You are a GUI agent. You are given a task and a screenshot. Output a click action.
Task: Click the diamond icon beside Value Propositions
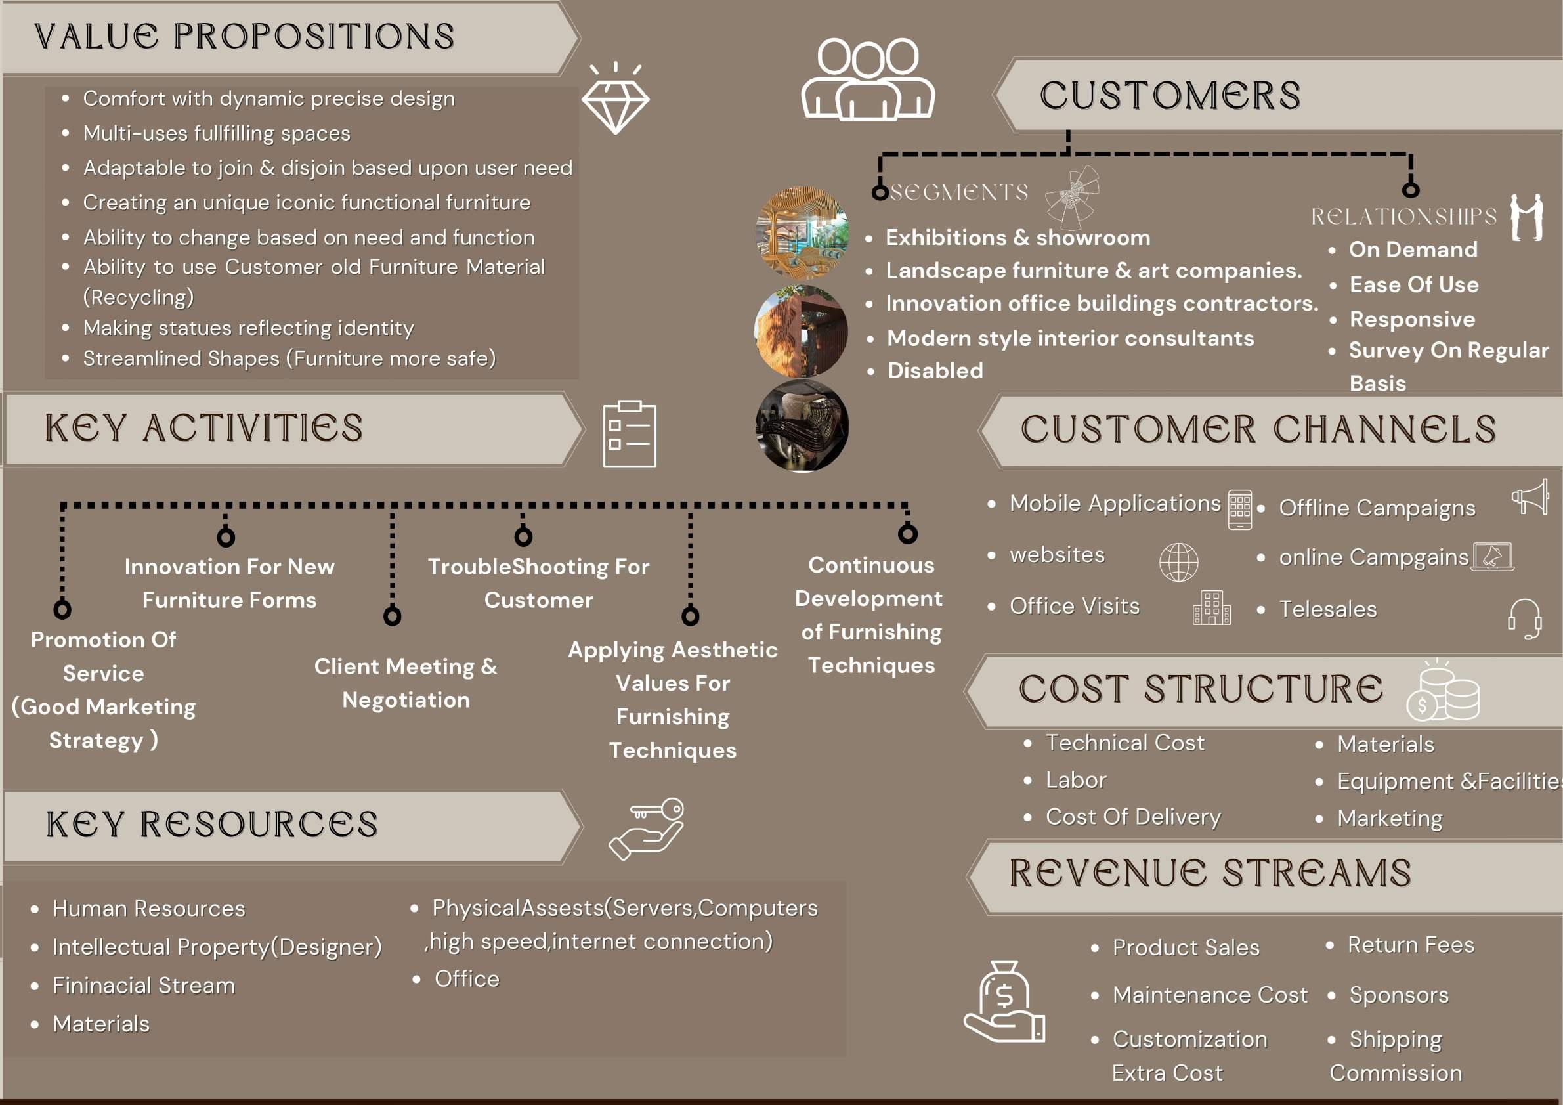[615, 103]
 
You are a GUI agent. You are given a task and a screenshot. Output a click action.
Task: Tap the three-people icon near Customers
[868, 80]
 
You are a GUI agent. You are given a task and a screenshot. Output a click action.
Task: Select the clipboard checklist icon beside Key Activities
[630, 435]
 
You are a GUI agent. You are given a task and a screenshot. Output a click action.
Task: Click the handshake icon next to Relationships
[1526, 218]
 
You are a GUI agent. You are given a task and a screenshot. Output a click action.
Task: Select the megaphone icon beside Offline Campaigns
[1530, 497]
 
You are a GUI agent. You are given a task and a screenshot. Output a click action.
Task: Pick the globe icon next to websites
[1178, 563]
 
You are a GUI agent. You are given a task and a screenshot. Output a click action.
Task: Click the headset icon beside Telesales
[1524, 618]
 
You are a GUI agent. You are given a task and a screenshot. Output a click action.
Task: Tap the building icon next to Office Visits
[1211, 608]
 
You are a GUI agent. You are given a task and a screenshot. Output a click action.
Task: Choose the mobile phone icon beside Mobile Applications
[1239, 509]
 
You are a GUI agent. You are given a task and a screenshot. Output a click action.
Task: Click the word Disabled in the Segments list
[935, 371]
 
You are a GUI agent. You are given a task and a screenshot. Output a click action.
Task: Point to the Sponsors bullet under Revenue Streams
[1398, 995]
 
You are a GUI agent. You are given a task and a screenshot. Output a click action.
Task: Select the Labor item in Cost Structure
[1075, 780]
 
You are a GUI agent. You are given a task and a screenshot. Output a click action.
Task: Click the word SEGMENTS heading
[959, 192]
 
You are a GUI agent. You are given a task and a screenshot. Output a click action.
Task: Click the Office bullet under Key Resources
[467, 979]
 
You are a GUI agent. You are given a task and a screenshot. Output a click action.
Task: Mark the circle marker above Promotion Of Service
[62, 609]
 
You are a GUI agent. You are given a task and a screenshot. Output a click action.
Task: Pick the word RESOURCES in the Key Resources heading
[259, 825]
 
